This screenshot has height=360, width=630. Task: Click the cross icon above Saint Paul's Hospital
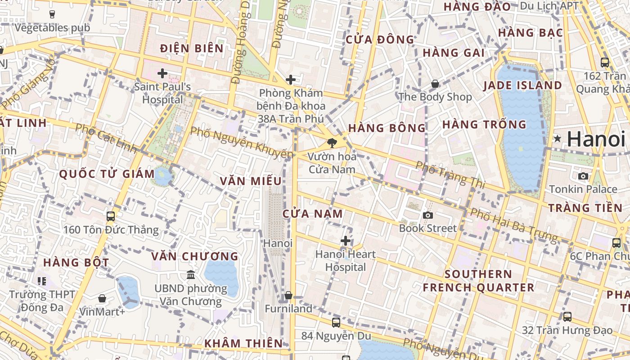tap(162, 73)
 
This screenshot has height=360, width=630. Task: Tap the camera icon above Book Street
tap(428, 215)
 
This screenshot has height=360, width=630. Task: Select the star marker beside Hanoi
tap(558, 139)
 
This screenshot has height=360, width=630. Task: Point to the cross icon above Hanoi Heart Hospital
tap(346, 241)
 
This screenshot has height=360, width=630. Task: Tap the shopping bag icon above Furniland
tap(288, 296)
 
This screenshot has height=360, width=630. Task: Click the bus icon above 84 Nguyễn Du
tap(336, 322)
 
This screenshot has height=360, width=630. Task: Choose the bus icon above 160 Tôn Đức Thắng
tap(111, 216)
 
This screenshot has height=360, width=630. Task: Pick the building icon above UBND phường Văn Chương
tap(191, 274)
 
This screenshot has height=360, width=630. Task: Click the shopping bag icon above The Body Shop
tap(435, 84)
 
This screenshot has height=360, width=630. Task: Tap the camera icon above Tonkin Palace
tap(583, 176)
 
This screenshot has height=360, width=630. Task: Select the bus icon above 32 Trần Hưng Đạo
tap(567, 317)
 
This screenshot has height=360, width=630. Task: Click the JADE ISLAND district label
tap(522, 85)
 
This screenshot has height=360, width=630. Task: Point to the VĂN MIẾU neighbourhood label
tap(251, 181)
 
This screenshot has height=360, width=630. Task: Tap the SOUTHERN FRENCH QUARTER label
tap(478, 280)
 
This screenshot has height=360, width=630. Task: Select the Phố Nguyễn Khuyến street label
tap(241, 143)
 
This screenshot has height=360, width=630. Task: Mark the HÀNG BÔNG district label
tap(387, 128)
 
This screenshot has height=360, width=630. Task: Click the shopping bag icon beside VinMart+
tap(102, 298)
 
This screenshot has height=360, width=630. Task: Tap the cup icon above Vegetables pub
tap(52, 14)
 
